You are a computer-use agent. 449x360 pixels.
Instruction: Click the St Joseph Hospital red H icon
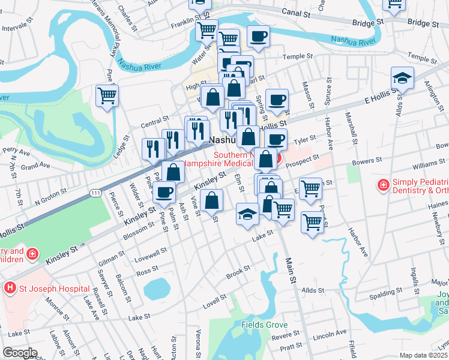(x=9, y=288)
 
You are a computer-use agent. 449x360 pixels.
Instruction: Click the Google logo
(x=19, y=353)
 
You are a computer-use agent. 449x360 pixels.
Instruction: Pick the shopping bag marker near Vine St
(x=212, y=201)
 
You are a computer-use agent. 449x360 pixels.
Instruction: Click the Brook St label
(x=238, y=275)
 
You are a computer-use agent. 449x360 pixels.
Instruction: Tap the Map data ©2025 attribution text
(x=423, y=355)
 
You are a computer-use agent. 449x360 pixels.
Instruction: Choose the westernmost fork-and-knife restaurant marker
(x=152, y=148)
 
